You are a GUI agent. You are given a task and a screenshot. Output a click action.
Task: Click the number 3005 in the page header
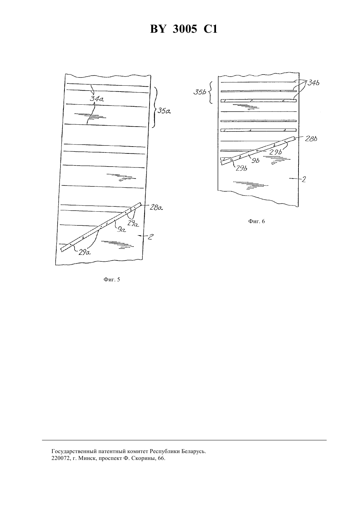(x=185, y=29)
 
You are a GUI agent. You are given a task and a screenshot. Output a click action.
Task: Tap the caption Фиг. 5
(x=112, y=279)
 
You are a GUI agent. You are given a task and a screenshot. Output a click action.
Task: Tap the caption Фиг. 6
(x=256, y=221)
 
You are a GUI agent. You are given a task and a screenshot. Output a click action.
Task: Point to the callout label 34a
(x=97, y=98)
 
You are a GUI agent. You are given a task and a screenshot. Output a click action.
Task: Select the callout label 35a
(x=164, y=111)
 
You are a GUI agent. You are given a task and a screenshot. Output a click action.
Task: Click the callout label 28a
(x=156, y=207)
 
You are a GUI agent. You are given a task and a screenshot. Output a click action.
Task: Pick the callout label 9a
(x=121, y=230)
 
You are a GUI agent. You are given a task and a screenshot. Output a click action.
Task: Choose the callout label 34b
(x=314, y=83)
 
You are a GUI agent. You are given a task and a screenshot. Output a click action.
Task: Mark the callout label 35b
(x=200, y=92)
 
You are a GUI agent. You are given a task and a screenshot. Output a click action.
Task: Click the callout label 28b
(x=311, y=139)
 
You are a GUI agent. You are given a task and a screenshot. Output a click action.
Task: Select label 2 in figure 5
(x=151, y=237)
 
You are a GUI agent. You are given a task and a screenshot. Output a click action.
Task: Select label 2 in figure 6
(x=304, y=180)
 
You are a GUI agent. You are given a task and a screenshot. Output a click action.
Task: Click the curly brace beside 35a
(x=155, y=107)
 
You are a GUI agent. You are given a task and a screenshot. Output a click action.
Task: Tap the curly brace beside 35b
(x=211, y=93)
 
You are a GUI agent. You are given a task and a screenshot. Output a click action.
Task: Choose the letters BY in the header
(x=158, y=29)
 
